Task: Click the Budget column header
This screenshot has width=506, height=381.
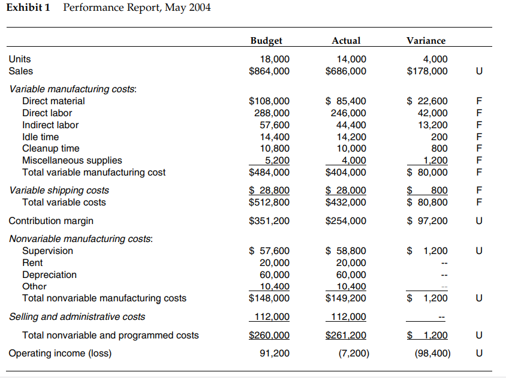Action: click(x=266, y=41)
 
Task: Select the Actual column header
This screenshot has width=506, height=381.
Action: click(x=346, y=41)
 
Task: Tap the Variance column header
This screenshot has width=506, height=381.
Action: click(x=426, y=41)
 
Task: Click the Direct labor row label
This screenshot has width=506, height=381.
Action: click(x=47, y=113)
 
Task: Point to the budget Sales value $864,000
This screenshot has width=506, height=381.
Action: click(x=269, y=71)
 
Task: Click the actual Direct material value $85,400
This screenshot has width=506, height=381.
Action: click(x=346, y=101)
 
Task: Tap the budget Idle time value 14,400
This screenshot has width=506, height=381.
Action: click(x=275, y=137)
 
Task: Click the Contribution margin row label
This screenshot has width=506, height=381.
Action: click(x=51, y=220)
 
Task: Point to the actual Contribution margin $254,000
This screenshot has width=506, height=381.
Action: click(x=346, y=220)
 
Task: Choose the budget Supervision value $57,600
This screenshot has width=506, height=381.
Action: click(x=270, y=250)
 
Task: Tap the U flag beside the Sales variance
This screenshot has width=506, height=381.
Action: click(x=478, y=71)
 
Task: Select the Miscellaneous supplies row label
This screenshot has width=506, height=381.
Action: click(x=72, y=160)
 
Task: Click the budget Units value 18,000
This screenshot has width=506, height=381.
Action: click(x=275, y=59)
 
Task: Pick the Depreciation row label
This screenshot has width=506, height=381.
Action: click(x=49, y=274)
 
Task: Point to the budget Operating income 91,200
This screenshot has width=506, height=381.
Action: click(x=275, y=353)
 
